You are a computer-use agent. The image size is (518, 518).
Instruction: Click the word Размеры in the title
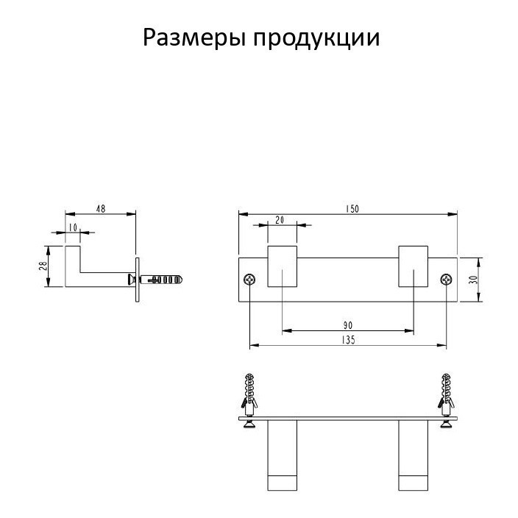coord(194,37)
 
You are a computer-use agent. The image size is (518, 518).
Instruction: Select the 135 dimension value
coord(349,339)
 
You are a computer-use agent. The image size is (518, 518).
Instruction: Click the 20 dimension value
coord(280,220)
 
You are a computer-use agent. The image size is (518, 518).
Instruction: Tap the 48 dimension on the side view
coord(101,209)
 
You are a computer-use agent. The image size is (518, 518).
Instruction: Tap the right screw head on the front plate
coord(447,280)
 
